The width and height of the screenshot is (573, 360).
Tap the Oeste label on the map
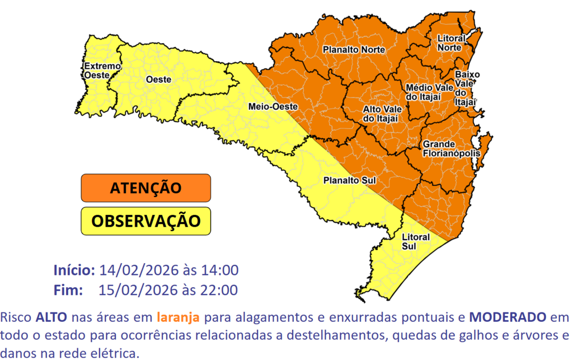pos(158,80)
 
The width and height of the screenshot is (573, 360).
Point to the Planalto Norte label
pos(354,50)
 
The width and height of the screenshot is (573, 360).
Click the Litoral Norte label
pos(449,43)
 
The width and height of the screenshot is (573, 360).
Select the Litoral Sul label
pos(416,241)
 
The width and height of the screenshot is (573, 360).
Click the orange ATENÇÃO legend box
pos(145,188)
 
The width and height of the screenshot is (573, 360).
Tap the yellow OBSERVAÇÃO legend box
pos(145,221)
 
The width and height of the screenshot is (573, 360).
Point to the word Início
pos(74,270)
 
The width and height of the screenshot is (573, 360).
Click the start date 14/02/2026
pos(133,270)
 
